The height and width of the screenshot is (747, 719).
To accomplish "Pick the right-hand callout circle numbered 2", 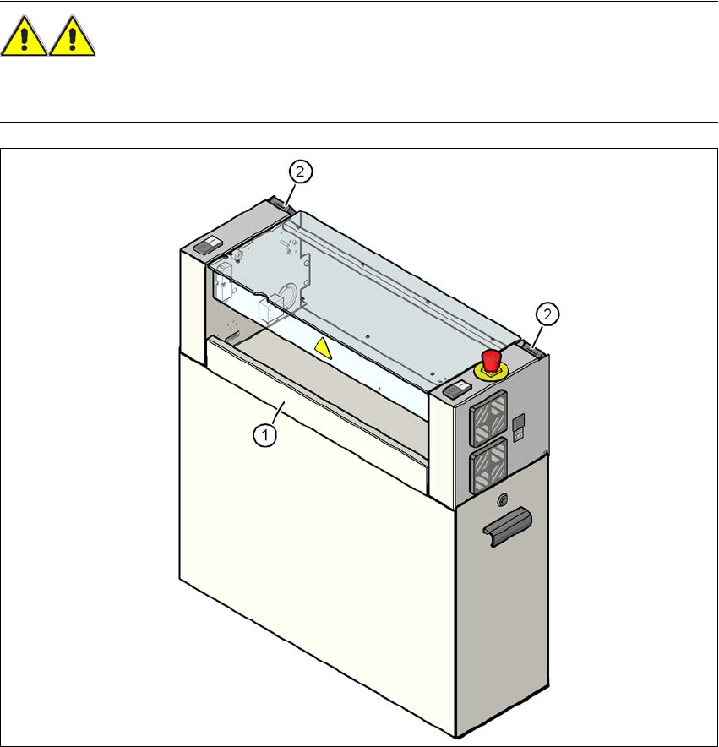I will point(549,314).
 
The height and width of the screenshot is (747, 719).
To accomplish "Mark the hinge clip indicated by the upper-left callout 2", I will point(281,204).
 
